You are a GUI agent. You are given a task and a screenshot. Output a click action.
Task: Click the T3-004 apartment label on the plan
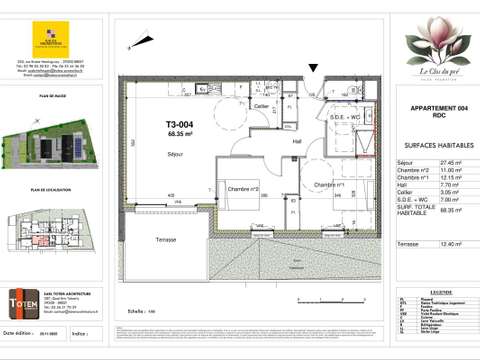pyautogui.click(x=181, y=125)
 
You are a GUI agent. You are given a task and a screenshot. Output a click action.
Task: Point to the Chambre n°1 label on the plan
pyautogui.click(x=326, y=184)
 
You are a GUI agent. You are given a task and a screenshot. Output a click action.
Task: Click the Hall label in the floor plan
pyautogui.click(x=296, y=141)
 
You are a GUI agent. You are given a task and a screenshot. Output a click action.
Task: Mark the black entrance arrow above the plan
pyautogui.click(x=315, y=69)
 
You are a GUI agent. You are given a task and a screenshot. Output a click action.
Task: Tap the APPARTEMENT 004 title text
pyautogui.click(x=429, y=107)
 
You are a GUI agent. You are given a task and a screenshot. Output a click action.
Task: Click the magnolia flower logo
pyautogui.click(x=429, y=44)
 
